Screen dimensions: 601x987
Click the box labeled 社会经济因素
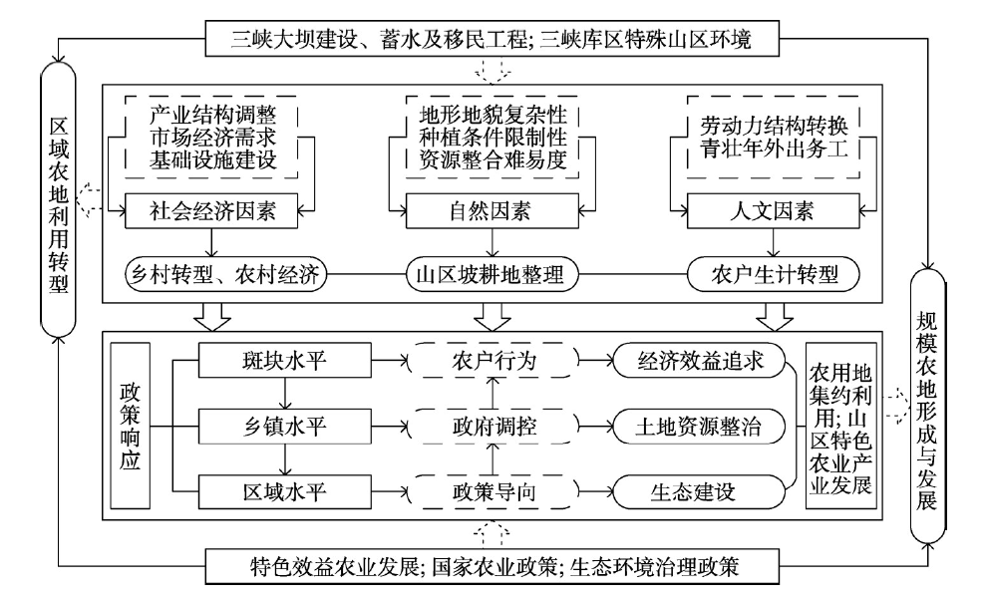[213, 210]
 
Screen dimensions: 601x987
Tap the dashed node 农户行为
[494, 360]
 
